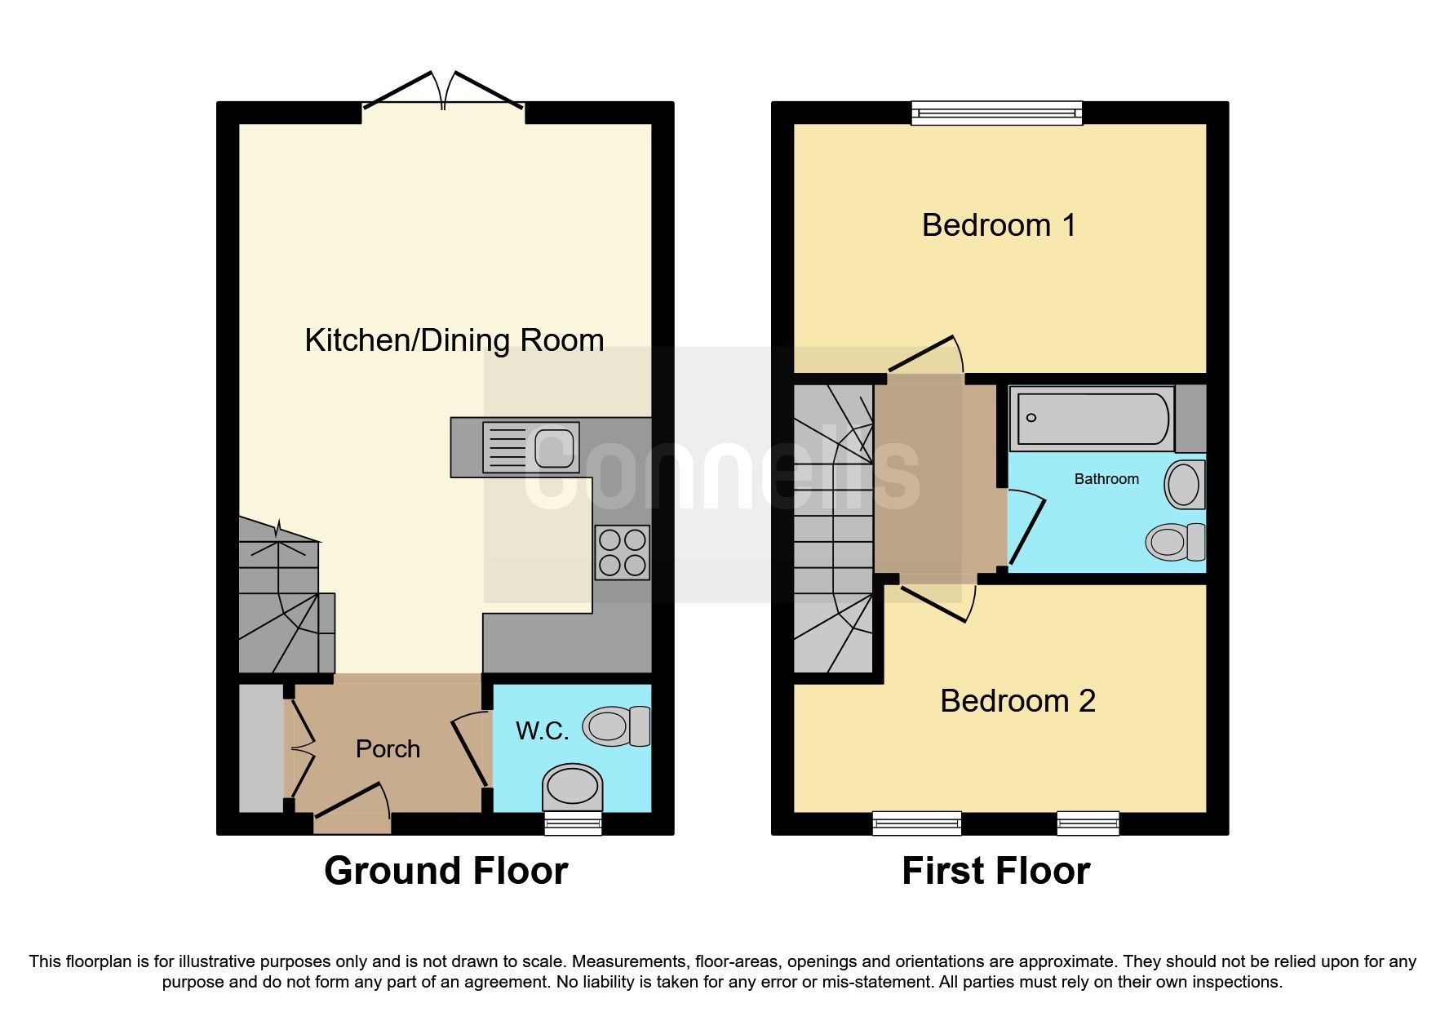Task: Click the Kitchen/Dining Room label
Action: [x=454, y=340]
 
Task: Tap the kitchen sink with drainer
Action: [x=530, y=447]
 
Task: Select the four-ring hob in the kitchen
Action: [x=622, y=553]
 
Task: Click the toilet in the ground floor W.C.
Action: [x=616, y=726]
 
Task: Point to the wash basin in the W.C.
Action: [x=572, y=787]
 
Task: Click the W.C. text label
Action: [x=542, y=730]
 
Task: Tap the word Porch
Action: [x=388, y=748]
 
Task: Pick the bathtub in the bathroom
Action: [x=1093, y=419]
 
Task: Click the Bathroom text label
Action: [x=1106, y=479]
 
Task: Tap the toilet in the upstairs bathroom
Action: [x=1175, y=542]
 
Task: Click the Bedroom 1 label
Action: [x=999, y=225]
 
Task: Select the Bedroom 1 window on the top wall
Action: [x=996, y=113]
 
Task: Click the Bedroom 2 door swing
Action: [x=936, y=602]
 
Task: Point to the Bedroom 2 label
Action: [x=1017, y=701]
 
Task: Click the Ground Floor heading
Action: [x=445, y=871]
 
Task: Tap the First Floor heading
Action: [x=995, y=871]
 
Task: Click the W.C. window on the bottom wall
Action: [x=573, y=823]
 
